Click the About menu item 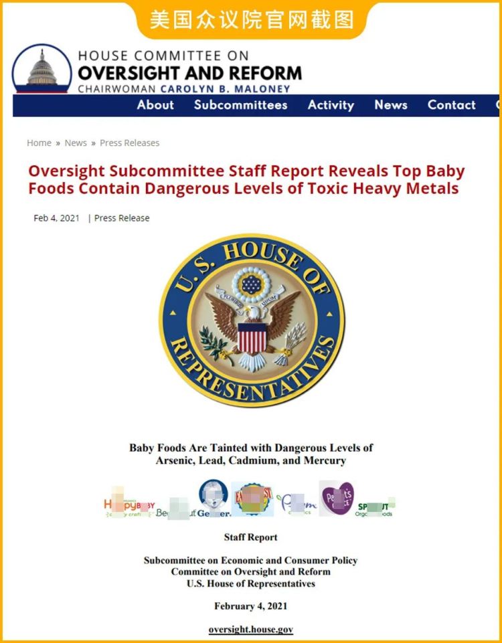(155, 105)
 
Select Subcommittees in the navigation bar (240, 105)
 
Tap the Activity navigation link (331, 105)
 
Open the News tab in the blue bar (391, 105)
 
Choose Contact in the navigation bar (452, 105)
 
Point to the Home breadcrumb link (39, 143)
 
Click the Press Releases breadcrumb (130, 143)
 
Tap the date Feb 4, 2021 (56, 218)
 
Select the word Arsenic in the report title (177, 461)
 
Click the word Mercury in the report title (323, 461)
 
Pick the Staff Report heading (251, 537)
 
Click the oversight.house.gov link (251, 630)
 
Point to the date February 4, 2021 (251, 606)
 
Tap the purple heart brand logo (337, 498)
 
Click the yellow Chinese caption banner (251, 19)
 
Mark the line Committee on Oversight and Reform (251, 572)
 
